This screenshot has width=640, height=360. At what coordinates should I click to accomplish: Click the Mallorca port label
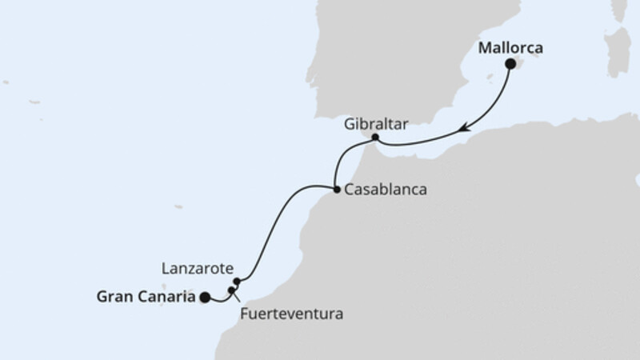(510, 48)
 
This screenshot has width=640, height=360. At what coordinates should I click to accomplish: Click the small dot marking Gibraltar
(376, 138)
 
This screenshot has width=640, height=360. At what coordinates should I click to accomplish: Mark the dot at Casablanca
(335, 190)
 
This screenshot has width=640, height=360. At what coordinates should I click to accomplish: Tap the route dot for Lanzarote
(237, 282)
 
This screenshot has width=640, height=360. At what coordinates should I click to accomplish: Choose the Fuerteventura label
(292, 314)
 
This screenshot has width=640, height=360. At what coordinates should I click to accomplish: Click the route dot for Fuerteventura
(231, 290)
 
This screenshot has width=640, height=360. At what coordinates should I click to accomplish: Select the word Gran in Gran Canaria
(114, 297)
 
